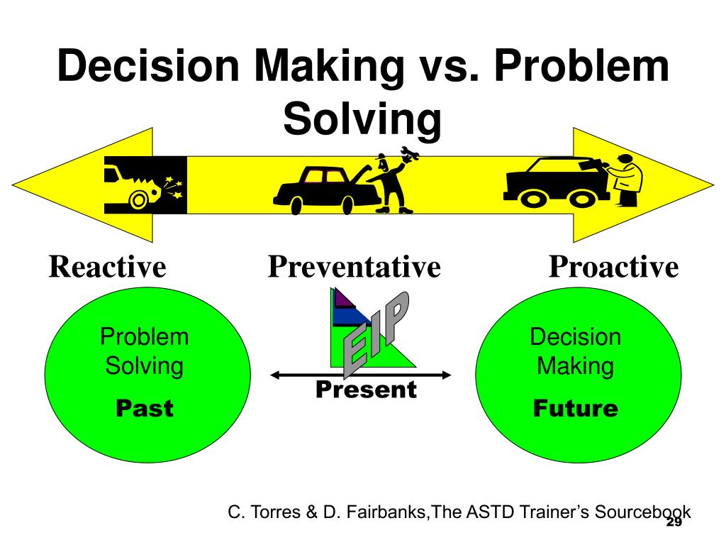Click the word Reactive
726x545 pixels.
(x=107, y=268)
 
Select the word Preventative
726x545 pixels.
(x=354, y=268)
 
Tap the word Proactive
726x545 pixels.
(x=613, y=268)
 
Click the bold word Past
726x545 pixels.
(x=145, y=408)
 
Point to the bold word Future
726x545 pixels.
(x=575, y=408)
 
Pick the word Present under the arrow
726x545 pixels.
(x=366, y=390)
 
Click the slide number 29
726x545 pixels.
(x=674, y=522)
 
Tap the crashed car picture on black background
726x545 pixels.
(x=145, y=185)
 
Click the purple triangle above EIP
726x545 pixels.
(x=342, y=298)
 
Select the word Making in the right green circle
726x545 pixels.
(x=575, y=366)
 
